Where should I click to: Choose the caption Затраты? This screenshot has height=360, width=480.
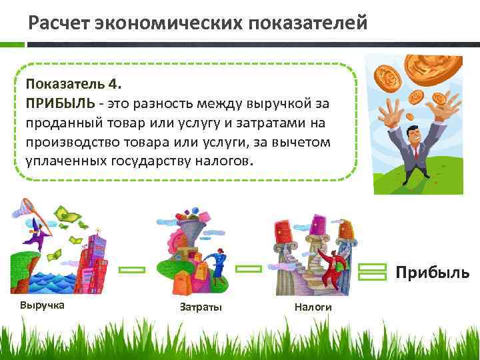click(x=200, y=307)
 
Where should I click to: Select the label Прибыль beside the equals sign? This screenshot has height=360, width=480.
click(x=432, y=273)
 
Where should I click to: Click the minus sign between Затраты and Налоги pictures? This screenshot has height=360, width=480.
click(x=249, y=269)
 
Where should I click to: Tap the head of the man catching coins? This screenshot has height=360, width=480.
click(x=412, y=131)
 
